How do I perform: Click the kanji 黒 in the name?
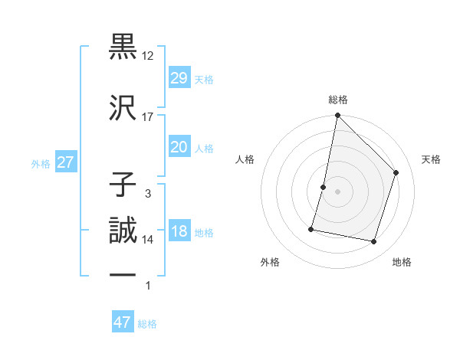pos(123,47)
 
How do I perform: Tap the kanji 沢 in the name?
pos(123,106)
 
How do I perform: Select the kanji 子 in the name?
pos(123,185)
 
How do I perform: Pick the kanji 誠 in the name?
pos(123,231)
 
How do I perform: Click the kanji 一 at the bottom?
pos(123,274)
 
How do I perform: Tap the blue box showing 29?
pos(179,78)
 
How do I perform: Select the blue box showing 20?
pos(179,147)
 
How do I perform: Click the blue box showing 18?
pos(179,232)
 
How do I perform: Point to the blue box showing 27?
pos(65,162)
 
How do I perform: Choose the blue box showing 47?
pos(123,322)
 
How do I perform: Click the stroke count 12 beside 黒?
pos(148,57)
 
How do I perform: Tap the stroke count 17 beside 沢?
pos(148,117)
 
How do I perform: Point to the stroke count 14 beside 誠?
pos(148,240)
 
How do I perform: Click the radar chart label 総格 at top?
pos(338,100)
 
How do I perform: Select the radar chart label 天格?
pos(432,159)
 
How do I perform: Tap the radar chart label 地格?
pos(402,262)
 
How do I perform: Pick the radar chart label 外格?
pos(270,262)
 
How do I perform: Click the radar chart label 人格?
pos(245,159)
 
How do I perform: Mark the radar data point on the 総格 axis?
pos(337,116)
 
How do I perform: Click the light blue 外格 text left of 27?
pos(41,163)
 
